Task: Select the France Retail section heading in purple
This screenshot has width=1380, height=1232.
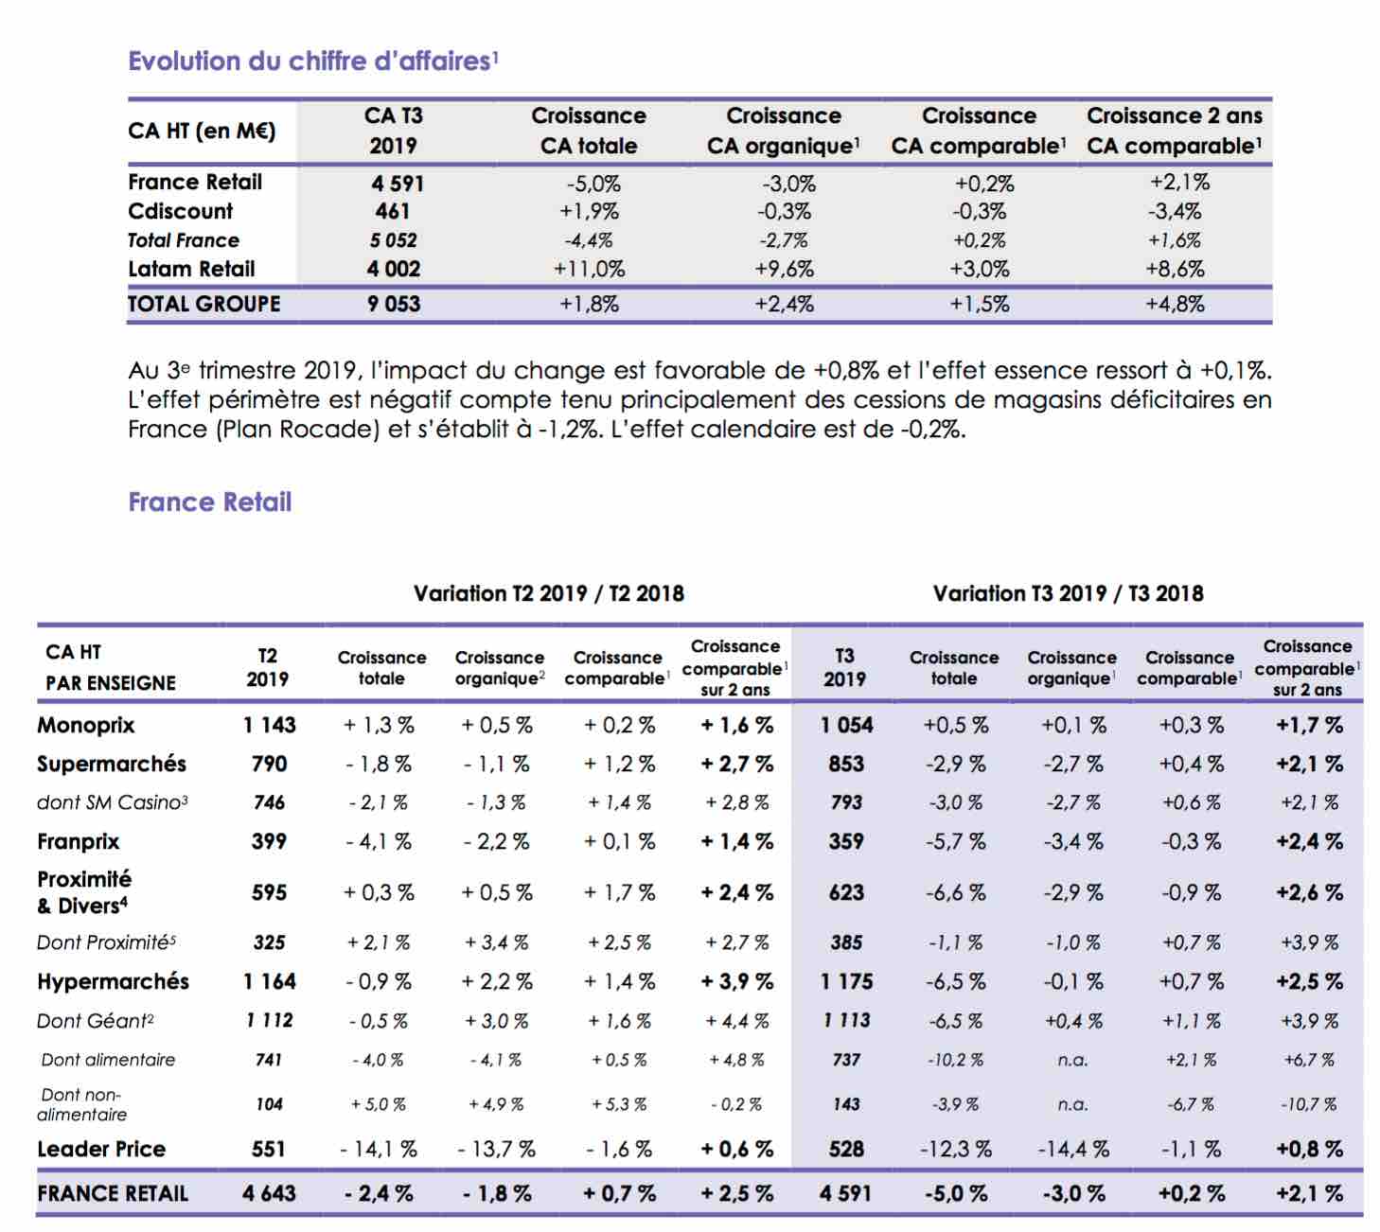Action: point(210,502)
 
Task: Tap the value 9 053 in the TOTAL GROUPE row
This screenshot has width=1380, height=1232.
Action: point(393,304)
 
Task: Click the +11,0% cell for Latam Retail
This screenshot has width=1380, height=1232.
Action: point(589,269)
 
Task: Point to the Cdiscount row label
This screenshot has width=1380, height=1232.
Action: point(181,211)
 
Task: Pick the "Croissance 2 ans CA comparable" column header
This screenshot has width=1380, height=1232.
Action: point(1175,131)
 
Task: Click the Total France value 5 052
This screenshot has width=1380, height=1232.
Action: point(393,240)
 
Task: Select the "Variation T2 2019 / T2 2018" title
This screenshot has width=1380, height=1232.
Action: point(548,593)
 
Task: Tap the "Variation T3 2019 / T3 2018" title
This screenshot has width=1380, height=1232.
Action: point(1068,593)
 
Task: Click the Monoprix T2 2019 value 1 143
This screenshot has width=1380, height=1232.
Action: point(269,725)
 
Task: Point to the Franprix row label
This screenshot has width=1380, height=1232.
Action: point(79,842)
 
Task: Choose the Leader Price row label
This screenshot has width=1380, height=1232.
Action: point(101,1149)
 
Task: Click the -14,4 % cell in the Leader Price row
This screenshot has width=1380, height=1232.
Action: point(1072,1150)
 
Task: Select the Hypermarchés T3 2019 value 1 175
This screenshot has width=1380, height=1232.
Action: point(846,981)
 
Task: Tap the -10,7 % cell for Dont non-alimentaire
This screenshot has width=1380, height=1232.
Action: point(1308,1104)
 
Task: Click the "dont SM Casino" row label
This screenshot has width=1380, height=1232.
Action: point(113,802)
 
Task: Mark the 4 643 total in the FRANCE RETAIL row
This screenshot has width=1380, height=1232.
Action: point(269,1193)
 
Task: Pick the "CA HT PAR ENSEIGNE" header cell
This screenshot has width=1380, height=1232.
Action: point(111,667)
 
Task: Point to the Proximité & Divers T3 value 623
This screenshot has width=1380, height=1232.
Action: point(846,893)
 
